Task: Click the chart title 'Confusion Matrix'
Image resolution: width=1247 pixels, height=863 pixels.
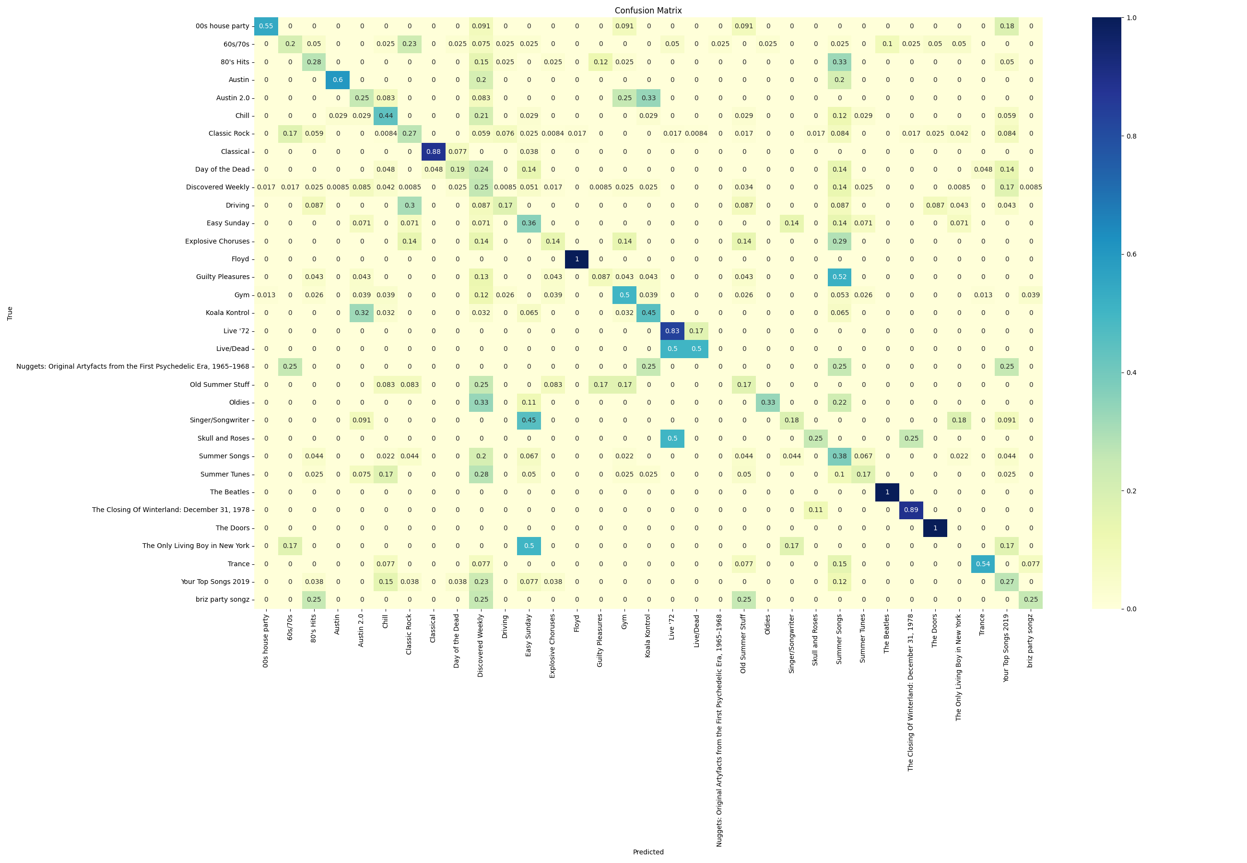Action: (x=648, y=10)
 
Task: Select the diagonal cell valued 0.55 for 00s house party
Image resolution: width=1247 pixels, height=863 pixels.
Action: (x=266, y=26)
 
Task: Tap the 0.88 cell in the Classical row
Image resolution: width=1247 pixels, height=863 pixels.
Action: (x=433, y=152)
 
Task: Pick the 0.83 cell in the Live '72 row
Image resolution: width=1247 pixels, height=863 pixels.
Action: (x=672, y=331)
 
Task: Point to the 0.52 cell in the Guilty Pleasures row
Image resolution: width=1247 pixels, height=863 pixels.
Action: (x=839, y=277)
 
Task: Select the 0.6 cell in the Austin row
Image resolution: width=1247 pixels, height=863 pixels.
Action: (x=338, y=80)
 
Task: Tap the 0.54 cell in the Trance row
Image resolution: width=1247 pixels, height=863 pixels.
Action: (x=983, y=564)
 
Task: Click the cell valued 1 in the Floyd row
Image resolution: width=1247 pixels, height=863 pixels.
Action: (x=577, y=259)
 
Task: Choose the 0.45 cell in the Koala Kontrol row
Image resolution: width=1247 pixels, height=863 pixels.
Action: (x=648, y=313)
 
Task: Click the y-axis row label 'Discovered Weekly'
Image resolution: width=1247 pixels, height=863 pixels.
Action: (x=217, y=187)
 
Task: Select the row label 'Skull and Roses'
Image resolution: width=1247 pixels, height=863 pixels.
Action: (x=224, y=438)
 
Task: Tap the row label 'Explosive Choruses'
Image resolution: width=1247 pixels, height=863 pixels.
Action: (x=217, y=241)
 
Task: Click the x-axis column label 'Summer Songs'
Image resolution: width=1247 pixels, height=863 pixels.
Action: (x=839, y=639)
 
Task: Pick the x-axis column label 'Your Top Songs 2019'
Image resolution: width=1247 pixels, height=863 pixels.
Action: (x=1006, y=647)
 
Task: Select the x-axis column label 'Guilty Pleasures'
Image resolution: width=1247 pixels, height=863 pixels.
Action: (x=600, y=640)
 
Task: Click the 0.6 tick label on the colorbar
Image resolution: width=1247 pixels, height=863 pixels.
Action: (x=1131, y=254)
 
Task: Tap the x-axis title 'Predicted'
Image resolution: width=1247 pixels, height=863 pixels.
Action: (x=648, y=851)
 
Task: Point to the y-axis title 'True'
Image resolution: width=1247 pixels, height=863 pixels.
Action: (x=10, y=313)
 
